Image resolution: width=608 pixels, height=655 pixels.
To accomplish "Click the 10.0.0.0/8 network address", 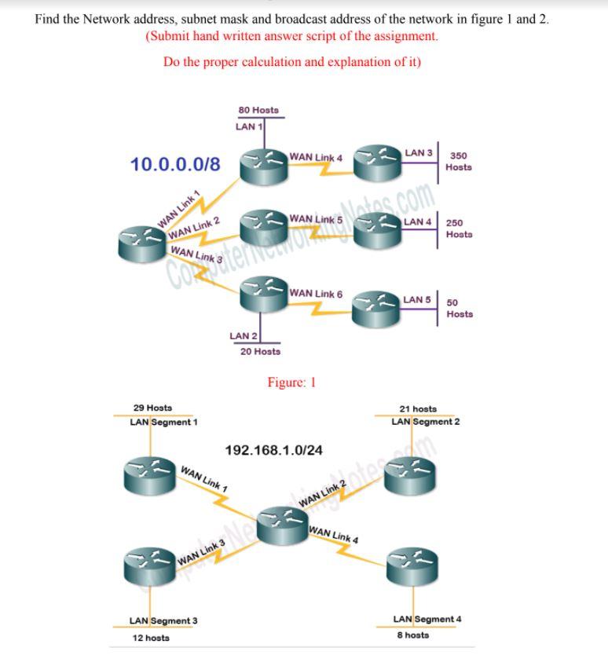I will coord(175,164).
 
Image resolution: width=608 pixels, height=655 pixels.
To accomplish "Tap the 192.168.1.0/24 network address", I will coord(273,450).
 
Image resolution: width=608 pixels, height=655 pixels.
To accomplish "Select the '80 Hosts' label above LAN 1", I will coord(258,110).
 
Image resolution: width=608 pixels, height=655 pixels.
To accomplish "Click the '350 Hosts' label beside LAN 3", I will coord(459,161).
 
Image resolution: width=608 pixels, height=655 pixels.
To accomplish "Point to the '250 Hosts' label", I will coord(459,229).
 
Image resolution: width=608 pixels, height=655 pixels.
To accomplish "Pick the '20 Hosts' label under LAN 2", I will coord(260,352).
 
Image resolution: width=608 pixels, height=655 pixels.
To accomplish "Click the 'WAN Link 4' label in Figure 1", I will coord(316,157).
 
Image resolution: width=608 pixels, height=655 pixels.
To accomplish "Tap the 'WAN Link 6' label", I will coord(316,294).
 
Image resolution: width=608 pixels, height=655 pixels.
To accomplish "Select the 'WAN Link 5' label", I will coord(316,218).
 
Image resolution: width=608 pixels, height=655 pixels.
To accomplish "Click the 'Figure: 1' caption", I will coord(291,382).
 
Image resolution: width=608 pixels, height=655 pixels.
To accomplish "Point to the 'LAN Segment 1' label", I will coord(163,422).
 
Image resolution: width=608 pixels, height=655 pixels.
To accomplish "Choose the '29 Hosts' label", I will coord(152,408).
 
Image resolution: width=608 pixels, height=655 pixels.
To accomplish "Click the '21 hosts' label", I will coord(418,408).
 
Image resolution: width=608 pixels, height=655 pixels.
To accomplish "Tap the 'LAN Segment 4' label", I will coord(427,619).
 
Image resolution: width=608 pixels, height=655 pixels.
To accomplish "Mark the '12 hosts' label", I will coord(151,638).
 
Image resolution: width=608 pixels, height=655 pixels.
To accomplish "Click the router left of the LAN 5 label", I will coord(375,308).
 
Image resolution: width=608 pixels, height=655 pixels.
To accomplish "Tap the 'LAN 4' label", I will coord(418,222).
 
